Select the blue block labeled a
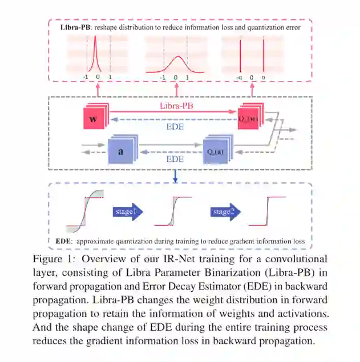[120, 152]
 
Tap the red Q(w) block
[249, 119]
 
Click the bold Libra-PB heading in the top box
[79, 27]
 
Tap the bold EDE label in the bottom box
[63, 242]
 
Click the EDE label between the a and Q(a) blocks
[175, 160]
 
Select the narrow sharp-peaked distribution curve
[98, 54]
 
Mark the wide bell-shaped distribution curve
[176, 63]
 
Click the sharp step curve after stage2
[274, 212]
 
